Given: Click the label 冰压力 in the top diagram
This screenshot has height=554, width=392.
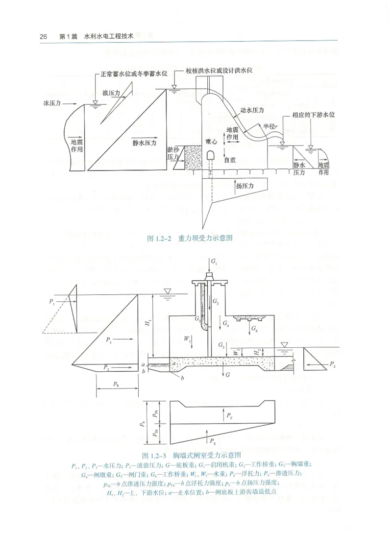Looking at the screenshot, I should point(51,104).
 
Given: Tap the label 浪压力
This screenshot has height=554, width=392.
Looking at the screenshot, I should point(111,92).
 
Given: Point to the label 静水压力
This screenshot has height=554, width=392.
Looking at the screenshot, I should point(144,143).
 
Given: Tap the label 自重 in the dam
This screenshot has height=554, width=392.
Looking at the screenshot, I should point(230,160).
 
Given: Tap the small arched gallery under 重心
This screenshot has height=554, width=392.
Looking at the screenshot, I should point(211,155).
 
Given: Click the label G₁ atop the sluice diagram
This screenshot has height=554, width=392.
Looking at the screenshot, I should point(214,263).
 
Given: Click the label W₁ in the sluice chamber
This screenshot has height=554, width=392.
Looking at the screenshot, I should point(187,338).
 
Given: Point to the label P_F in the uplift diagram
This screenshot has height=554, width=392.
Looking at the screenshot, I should point(229,416).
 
